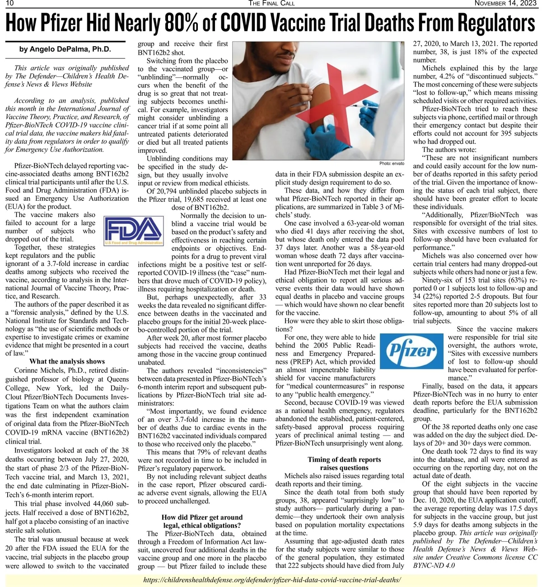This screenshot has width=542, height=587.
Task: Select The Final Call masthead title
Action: pos(271,4)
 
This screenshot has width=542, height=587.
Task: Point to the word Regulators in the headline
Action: pos(496,23)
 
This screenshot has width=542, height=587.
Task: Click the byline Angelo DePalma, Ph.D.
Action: pos(65,49)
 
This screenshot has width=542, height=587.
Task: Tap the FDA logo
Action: pos(133,231)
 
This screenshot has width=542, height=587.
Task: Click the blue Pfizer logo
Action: pos(412,351)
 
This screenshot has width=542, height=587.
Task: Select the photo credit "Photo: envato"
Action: pos(392,164)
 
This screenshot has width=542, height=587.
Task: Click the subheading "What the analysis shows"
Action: pos(67,361)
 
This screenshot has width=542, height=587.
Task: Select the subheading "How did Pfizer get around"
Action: pos(202,517)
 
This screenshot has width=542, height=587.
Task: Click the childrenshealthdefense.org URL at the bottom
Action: pos(271,580)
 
